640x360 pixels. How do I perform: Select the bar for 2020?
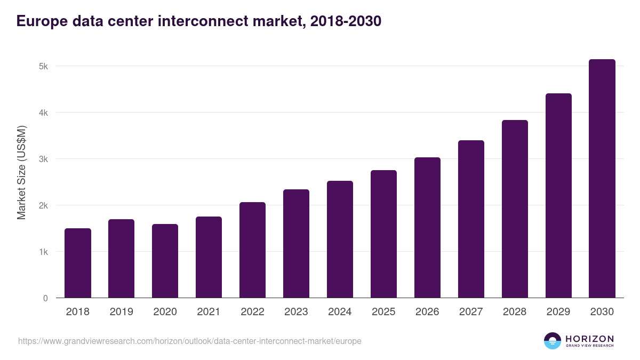click(165, 261)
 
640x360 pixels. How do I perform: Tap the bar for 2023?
click(296, 244)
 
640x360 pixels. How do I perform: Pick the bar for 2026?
click(427, 228)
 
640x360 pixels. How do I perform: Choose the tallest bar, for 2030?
click(602, 179)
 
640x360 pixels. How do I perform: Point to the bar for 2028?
click(515, 209)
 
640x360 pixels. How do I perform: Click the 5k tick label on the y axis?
click(43, 67)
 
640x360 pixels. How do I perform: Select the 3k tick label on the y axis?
click(43, 159)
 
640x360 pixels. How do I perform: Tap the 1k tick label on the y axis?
click(43, 252)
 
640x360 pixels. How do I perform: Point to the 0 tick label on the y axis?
click(45, 298)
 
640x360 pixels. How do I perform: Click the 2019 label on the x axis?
click(122, 312)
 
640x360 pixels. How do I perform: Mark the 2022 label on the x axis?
click(253, 312)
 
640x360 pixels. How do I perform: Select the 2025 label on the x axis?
click(383, 312)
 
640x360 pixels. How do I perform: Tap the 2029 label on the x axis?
click(558, 312)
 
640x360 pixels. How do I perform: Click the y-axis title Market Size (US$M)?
click(21, 172)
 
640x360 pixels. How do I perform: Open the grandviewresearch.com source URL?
click(189, 341)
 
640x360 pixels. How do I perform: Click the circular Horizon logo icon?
click(553, 341)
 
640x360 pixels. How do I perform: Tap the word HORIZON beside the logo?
click(589, 339)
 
